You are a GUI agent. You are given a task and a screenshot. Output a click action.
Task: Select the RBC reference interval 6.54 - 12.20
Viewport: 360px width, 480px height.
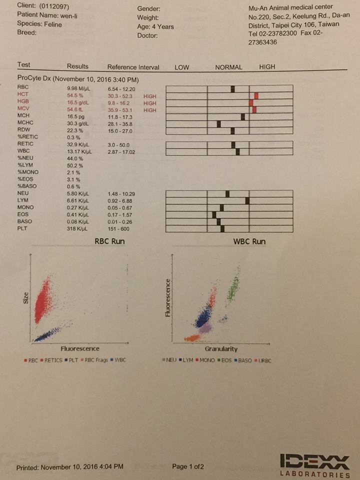tap(121, 89)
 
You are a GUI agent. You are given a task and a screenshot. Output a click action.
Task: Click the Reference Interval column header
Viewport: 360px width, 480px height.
tap(133, 67)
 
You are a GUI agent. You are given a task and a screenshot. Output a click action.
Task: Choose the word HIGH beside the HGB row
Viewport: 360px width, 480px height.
tap(149, 103)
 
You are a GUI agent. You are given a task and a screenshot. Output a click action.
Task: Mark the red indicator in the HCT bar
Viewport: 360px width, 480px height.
tap(256, 95)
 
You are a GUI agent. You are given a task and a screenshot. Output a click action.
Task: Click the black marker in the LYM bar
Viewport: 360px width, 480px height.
tap(247, 200)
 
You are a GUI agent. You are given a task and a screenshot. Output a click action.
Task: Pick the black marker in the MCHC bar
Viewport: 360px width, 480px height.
tap(218, 124)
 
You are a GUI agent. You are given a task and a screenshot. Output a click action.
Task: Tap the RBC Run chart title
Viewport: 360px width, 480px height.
tap(109, 241)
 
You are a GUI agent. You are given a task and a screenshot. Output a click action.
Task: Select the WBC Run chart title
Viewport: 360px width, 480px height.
tap(249, 241)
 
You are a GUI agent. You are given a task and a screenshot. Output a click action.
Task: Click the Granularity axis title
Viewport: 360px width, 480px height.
tap(221, 349)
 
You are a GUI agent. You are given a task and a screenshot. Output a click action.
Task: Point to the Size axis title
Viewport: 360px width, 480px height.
tap(25, 298)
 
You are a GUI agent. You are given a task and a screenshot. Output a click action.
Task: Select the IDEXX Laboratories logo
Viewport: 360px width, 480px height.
tap(315, 465)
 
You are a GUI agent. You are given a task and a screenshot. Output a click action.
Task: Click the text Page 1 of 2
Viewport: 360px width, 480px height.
tap(188, 466)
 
